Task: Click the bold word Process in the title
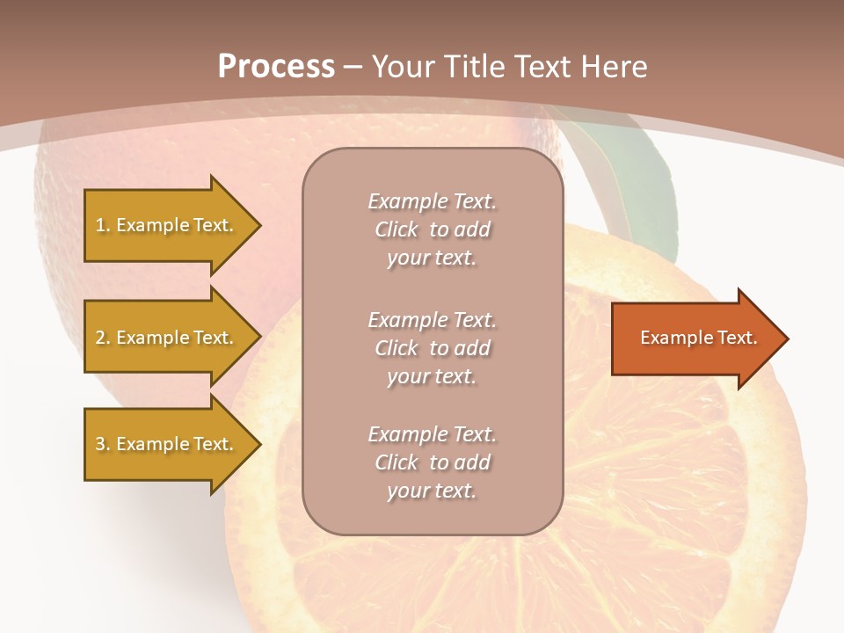276,67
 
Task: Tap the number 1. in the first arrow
103,225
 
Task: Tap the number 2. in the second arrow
103,338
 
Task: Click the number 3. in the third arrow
103,444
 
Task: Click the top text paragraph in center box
432,229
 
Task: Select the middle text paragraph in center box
432,348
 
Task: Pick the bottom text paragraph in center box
432,462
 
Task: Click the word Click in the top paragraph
397,230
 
